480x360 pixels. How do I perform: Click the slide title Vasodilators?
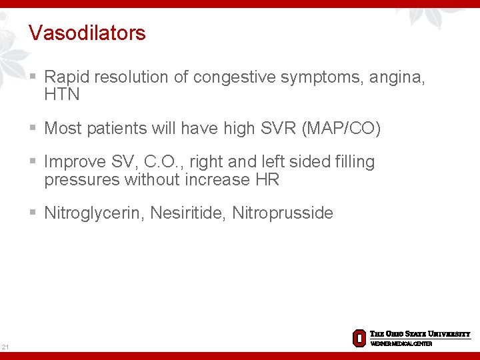(87, 33)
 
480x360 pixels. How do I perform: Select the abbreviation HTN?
(62, 95)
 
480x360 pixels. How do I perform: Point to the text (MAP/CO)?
(341, 129)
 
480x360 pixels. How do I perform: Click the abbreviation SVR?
(278, 129)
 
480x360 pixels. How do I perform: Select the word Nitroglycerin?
(93, 213)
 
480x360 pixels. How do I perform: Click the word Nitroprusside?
(283, 213)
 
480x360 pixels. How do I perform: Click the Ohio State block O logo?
(359, 337)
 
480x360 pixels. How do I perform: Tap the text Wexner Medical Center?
(401, 343)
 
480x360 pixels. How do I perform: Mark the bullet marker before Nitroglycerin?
(34, 213)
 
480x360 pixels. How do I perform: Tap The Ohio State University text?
(420, 334)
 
